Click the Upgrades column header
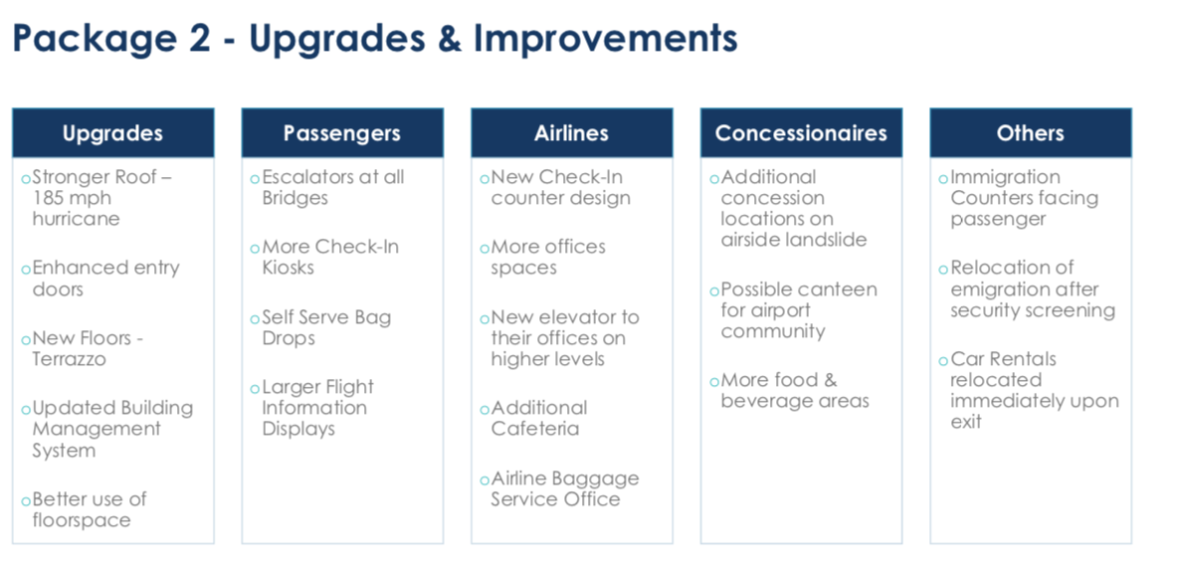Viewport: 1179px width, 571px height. pos(112,133)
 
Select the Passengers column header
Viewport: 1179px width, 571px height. pos(342,133)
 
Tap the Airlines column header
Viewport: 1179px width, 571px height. pos(571,133)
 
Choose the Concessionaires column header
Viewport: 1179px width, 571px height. pos(801,133)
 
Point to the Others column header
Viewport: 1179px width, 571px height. pos(1030,133)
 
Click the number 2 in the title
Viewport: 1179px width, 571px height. pos(199,39)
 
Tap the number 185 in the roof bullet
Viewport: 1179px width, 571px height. pos(48,198)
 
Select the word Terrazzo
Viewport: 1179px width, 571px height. pos(70,359)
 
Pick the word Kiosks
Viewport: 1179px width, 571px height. pos(288,268)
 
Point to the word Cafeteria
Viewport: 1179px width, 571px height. pos(535,429)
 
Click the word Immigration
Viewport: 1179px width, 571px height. pos(1005,178)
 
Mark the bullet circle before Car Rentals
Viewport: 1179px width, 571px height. pos(943,361)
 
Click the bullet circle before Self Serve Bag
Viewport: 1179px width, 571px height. pos(255,319)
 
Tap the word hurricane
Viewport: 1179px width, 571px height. pos(76,220)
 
